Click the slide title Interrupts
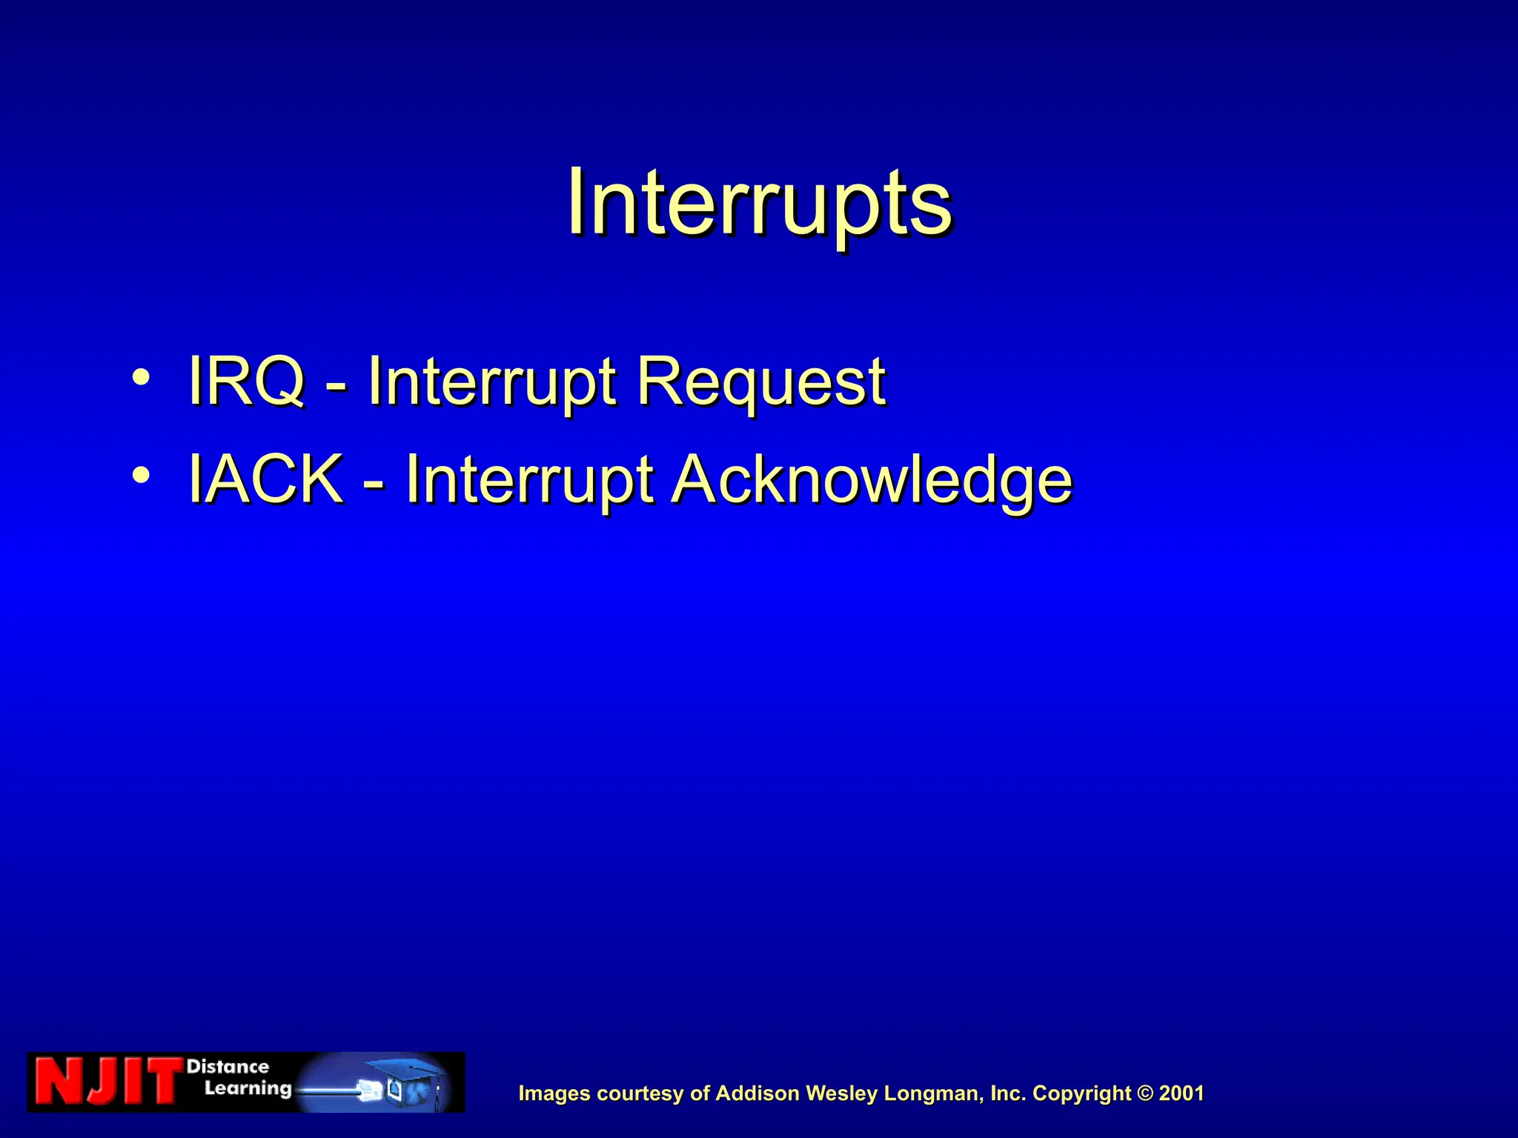pyautogui.click(x=759, y=202)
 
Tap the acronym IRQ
pyautogui.click(x=246, y=381)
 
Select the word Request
pyautogui.click(x=760, y=381)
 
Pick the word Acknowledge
pyautogui.click(x=872, y=480)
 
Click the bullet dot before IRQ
pyautogui.click(x=141, y=378)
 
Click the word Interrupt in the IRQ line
pyautogui.click(x=492, y=381)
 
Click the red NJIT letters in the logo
pyautogui.click(x=107, y=1082)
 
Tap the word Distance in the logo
pyautogui.click(x=228, y=1067)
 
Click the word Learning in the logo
pyautogui.click(x=248, y=1088)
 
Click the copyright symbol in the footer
pyautogui.click(x=1145, y=1094)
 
